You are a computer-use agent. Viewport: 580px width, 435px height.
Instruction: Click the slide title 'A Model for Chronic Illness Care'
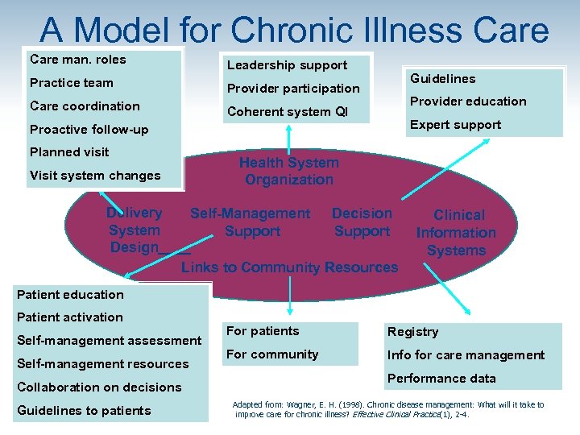(294, 30)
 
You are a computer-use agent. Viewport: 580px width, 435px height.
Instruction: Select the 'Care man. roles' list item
(78, 60)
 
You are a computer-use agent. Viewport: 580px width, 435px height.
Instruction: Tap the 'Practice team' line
(72, 83)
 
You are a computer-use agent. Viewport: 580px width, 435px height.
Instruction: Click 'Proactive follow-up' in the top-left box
(89, 130)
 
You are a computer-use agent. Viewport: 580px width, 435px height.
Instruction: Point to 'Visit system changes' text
(95, 176)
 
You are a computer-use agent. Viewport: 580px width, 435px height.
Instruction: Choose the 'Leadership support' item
(287, 65)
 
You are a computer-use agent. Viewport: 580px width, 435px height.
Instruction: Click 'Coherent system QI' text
(288, 112)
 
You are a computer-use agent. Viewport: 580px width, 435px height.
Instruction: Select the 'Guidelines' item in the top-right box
(443, 79)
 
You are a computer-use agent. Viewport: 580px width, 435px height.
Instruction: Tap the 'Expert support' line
(456, 125)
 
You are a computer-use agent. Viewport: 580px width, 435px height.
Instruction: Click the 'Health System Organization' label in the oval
(289, 171)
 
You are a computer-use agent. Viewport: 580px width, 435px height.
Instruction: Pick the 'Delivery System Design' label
(135, 230)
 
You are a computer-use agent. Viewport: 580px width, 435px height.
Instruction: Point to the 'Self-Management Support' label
(251, 222)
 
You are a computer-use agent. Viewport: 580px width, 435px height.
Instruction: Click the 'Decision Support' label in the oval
(362, 222)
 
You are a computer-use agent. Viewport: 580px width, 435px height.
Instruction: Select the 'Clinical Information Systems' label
(457, 233)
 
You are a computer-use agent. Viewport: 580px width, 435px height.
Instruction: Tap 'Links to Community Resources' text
(290, 267)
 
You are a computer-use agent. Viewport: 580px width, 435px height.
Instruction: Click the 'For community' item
(272, 354)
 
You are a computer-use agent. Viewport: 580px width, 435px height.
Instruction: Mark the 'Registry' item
(413, 332)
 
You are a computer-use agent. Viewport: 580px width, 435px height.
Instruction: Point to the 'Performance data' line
(442, 379)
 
